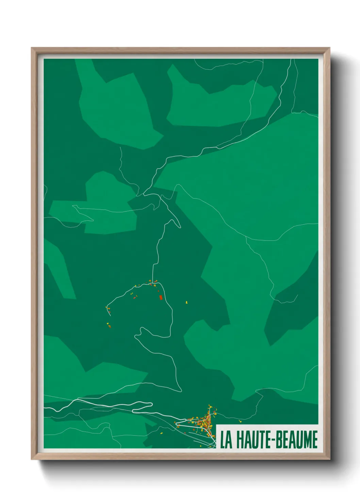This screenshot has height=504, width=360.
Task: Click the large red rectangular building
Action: tap(161, 297)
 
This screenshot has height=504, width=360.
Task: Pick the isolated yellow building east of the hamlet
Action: tap(186, 302)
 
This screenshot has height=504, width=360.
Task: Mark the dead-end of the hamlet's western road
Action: tap(110, 315)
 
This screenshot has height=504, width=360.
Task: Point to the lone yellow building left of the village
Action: tap(161, 433)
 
